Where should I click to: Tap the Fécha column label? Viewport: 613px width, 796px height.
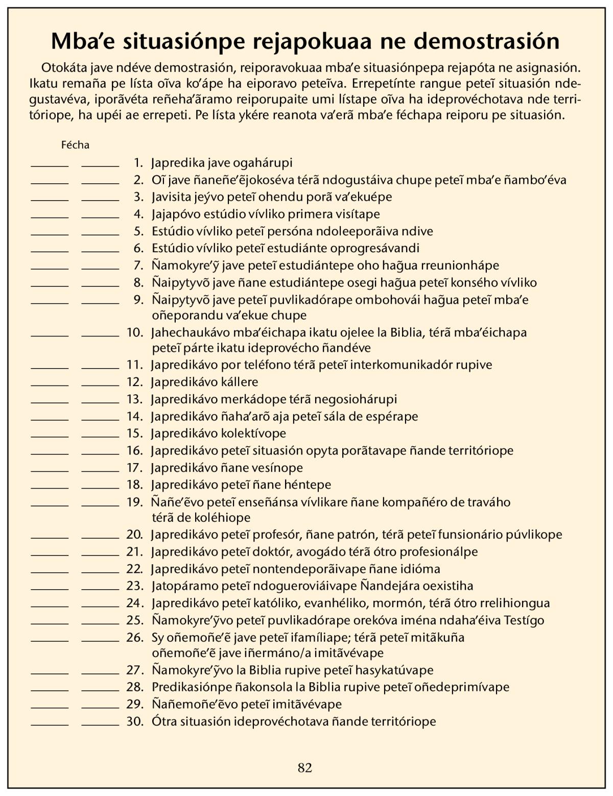(75, 145)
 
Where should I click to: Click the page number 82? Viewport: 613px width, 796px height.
(305, 767)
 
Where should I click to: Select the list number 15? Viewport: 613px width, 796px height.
(135, 433)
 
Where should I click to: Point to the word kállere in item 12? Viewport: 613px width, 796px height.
(240, 382)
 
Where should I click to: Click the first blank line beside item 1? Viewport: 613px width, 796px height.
(50, 165)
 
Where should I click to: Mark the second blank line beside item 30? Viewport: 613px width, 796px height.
(100, 724)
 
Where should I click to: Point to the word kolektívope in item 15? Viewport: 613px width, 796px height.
(253, 433)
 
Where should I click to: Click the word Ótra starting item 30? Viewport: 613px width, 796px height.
(164, 721)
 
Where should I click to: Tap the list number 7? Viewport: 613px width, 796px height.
(138, 266)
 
